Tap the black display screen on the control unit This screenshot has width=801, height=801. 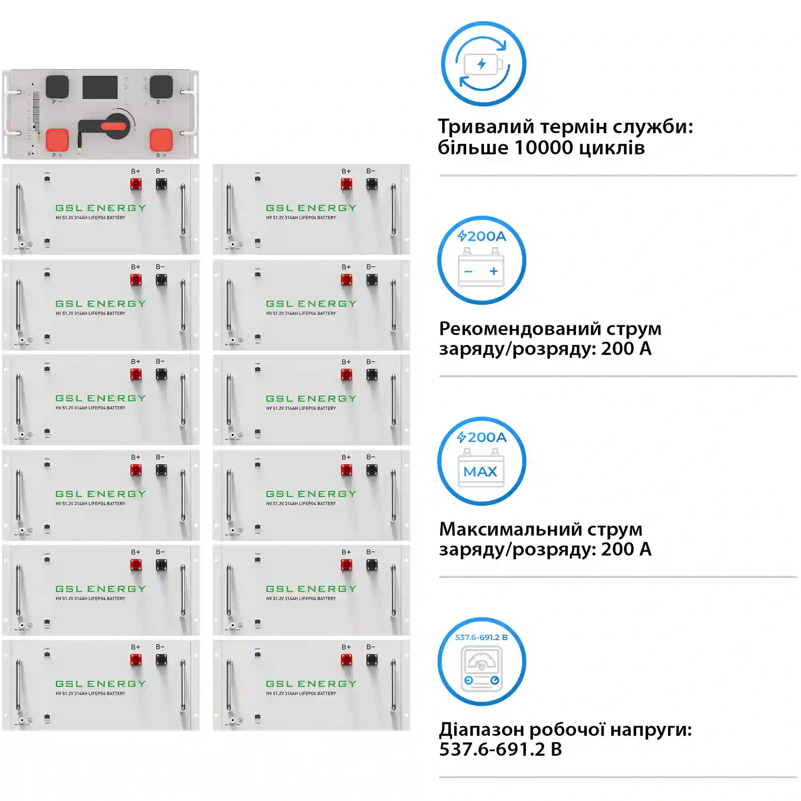tap(100, 87)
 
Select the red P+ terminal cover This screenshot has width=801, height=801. tap(57, 140)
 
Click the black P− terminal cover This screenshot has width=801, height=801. tap(57, 86)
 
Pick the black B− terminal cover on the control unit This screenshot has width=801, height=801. tap(161, 86)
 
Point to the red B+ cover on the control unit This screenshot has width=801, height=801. tap(161, 140)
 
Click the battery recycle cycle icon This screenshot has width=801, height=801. tap(483, 64)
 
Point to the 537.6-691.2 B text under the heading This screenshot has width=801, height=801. tap(500, 749)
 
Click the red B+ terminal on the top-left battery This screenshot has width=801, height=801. tap(136, 184)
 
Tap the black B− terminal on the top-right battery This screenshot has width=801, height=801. tap(372, 184)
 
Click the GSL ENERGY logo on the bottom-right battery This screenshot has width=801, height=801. tap(311, 684)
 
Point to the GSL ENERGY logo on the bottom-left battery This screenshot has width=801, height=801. tap(101, 684)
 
